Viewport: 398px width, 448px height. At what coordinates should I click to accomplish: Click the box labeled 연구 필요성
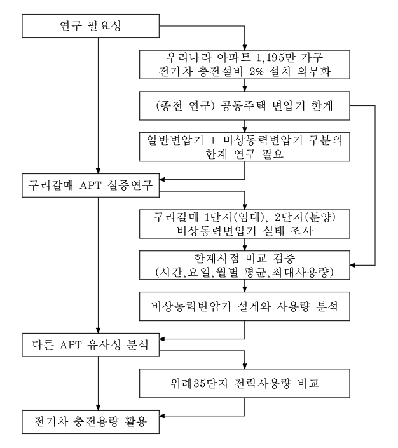pos(91,26)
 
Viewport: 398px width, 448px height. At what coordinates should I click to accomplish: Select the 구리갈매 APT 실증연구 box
pos(91,186)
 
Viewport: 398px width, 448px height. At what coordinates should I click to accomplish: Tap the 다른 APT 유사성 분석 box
pos(91,345)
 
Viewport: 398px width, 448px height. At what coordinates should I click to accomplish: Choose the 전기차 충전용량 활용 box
pos(91,422)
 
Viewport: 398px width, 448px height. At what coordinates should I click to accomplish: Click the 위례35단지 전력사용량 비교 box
pos(245,383)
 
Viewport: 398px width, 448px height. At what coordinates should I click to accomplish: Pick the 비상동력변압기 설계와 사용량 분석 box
pos(245,306)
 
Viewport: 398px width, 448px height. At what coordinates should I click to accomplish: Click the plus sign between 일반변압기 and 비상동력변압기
pos(213,140)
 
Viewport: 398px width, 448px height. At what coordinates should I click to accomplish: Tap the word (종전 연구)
pos(185,105)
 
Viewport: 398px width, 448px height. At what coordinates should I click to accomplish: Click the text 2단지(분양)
pos(305,217)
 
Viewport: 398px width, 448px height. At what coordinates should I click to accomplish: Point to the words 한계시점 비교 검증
pos(245,258)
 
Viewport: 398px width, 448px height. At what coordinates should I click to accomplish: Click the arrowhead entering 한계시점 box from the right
pos(352,265)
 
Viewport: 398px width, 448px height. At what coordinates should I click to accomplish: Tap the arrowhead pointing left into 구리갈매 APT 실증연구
pos(162,179)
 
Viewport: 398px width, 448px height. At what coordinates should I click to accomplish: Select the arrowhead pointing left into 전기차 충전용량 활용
pos(162,416)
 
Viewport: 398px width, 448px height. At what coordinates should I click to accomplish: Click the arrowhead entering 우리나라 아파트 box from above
pos(245,48)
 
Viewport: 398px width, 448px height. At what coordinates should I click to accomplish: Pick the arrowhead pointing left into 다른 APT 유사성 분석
pos(162,339)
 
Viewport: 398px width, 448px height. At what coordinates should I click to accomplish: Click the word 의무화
pos(314,71)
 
